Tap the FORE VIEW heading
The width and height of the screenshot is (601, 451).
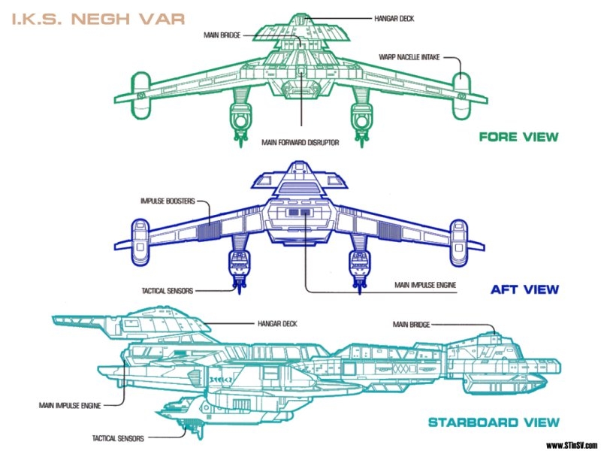pos(519,137)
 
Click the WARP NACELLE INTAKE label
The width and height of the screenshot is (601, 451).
pos(409,56)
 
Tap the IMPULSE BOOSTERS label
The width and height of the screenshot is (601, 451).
pos(168,201)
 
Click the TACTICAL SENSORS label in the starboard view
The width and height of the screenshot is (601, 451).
pos(119,437)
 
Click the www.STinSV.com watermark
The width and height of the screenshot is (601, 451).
pos(572,443)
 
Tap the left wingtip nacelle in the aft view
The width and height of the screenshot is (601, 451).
pos(141,232)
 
